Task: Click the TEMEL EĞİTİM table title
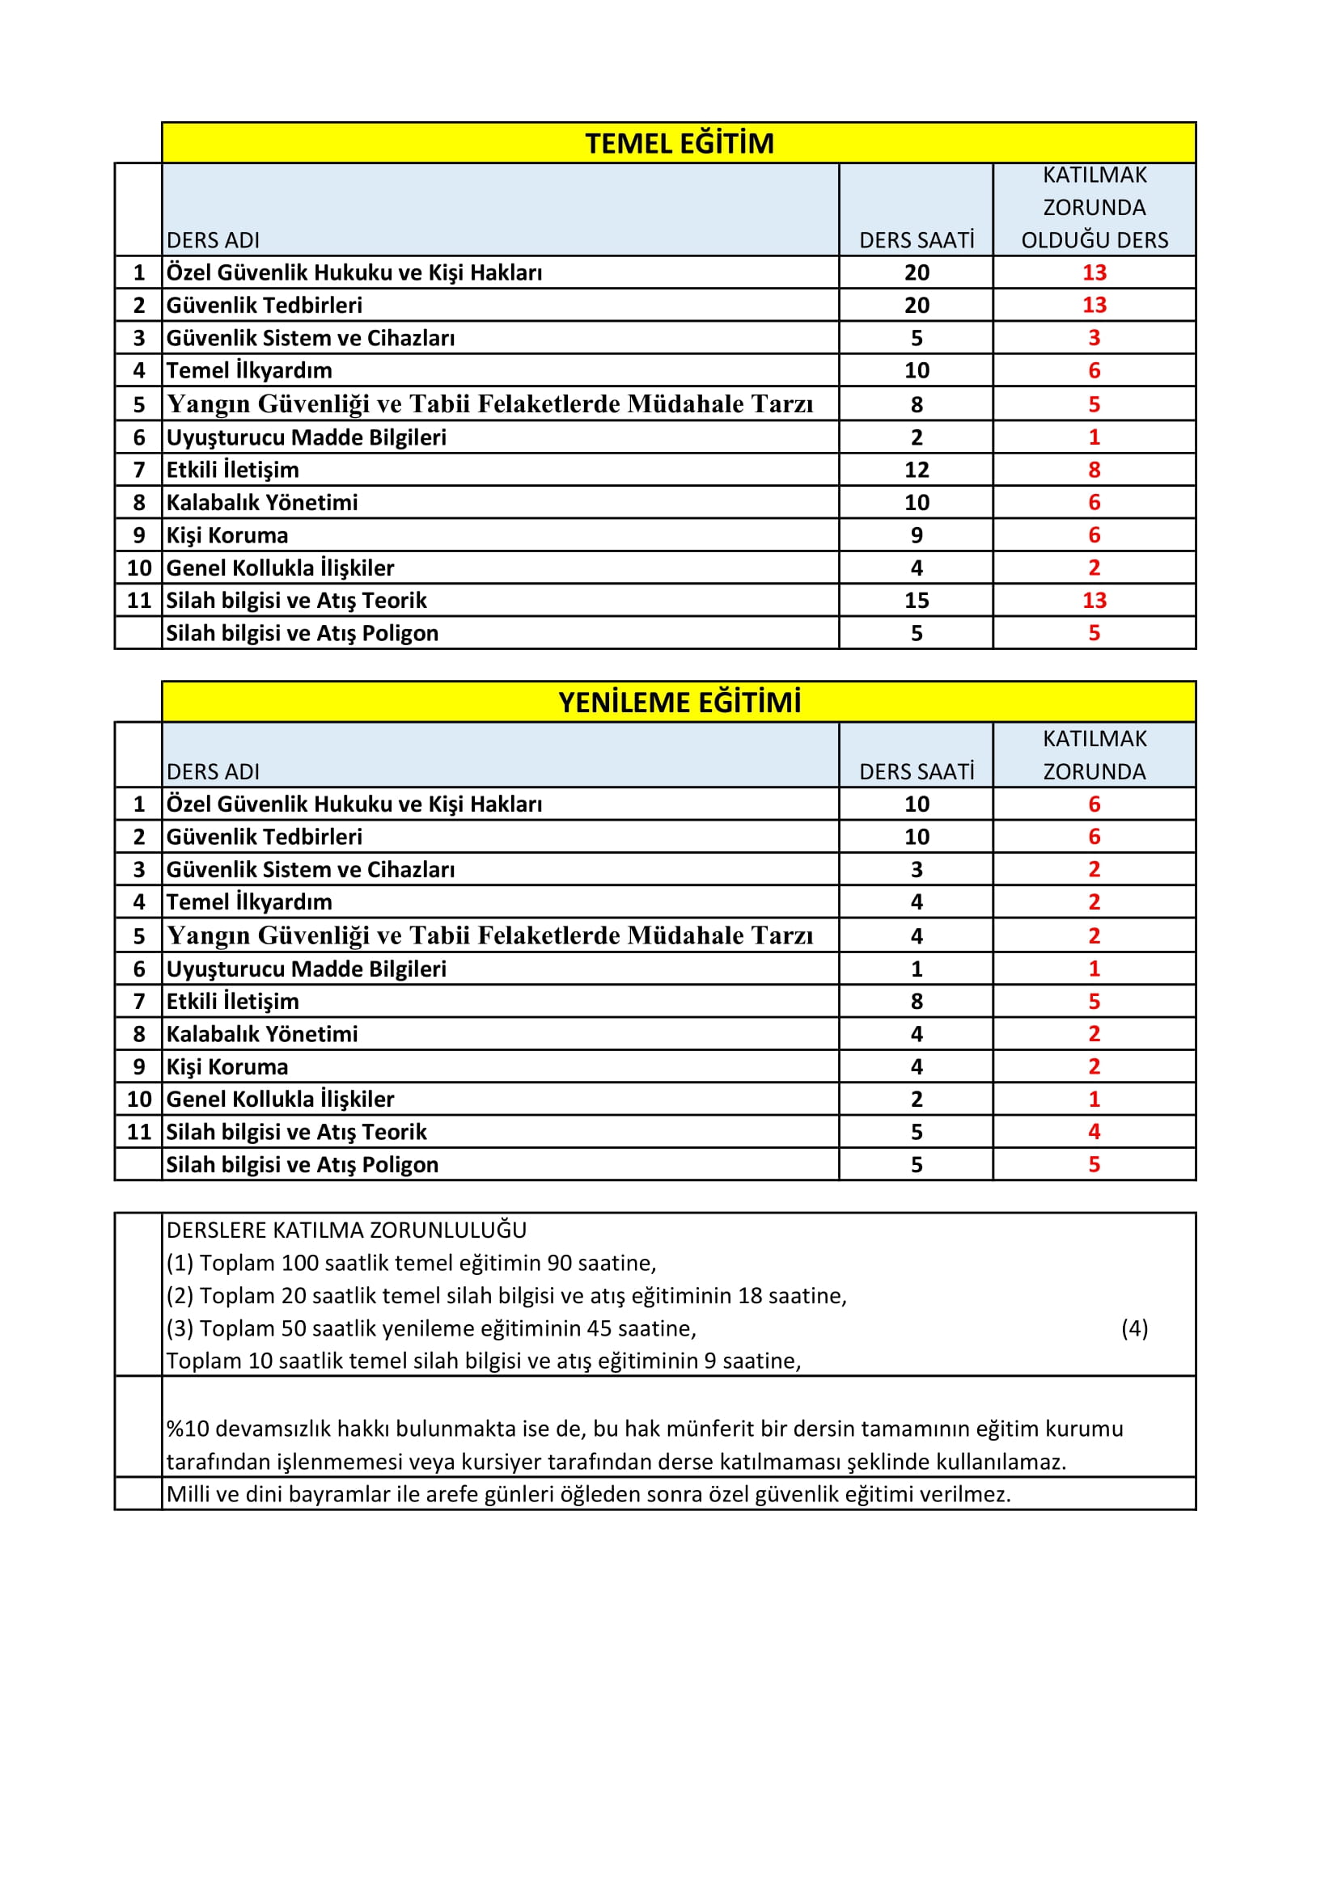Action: tap(679, 143)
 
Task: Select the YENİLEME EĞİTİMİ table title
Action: tap(679, 703)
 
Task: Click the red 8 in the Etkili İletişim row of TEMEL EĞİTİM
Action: tap(1094, 470)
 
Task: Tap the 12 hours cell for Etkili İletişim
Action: tap(917, 470)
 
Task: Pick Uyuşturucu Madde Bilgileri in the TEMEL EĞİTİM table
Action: tap(306, 437)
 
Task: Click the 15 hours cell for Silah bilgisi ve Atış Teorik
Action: tap(917, 601)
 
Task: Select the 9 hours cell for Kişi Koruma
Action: tap(917, 535)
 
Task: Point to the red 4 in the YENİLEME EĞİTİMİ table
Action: tap(1094, 1132)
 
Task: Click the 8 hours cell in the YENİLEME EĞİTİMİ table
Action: tap(917, 1002)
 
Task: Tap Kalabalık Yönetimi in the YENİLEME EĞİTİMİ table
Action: tap(262, 1035)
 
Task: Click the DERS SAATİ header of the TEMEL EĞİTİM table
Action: tap(917, 240)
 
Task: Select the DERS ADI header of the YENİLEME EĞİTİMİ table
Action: tap(213, 772)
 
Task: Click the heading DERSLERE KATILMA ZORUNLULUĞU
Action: tap(346, 1230)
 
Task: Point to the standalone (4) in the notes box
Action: tap(1134, 1327)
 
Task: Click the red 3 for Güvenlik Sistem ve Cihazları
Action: tap(1094, 338)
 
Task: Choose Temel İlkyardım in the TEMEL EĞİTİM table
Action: tap(249, 370)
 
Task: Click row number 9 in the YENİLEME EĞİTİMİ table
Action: tap(138, 1066)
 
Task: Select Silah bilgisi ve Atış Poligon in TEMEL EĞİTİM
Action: tap(302, 633)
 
